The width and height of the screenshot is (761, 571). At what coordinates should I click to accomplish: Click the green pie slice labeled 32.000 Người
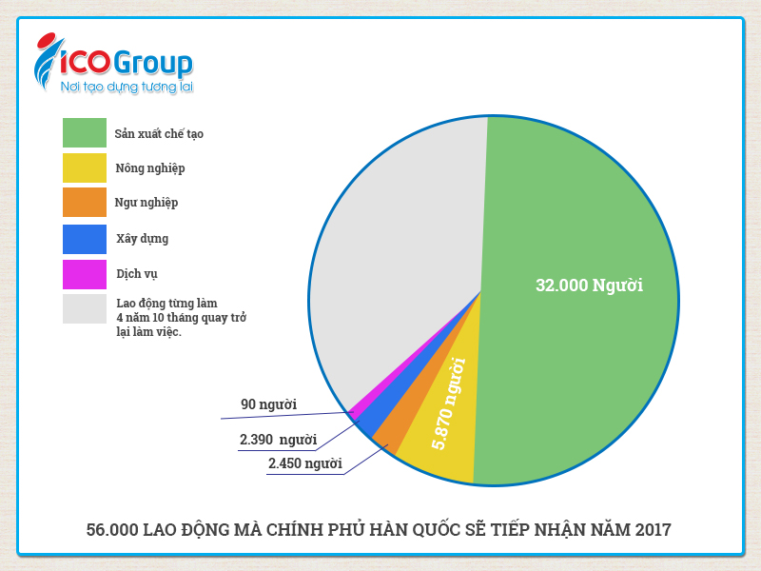[x=580, y=285]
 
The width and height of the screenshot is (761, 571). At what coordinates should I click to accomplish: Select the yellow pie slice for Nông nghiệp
[x=442, y=419]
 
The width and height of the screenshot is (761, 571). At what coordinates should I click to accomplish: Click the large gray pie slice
[x=400, y=238]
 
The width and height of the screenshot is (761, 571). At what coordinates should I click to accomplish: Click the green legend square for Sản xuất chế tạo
[x=84, y=133]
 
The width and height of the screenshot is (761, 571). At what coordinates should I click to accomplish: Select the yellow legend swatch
[x=84, y=167]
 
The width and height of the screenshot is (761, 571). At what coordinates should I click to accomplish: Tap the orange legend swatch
[x=84, y=202]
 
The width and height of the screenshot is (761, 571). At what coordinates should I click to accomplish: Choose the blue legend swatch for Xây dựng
[x=84, y=238]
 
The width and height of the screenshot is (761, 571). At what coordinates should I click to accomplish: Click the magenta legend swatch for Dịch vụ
[x=84, y=273]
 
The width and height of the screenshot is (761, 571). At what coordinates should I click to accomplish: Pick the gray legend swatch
[x=84, y=308]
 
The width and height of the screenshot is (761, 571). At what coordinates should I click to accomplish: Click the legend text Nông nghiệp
[x=150, y=168]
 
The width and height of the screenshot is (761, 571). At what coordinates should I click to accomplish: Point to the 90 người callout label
[x=268, y=404]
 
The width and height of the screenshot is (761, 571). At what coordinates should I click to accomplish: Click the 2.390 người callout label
[x=278, y=440]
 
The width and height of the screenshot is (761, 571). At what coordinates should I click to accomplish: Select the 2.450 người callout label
[x=304, y=463]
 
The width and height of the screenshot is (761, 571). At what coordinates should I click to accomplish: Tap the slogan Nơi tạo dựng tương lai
[x=127, y=88]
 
